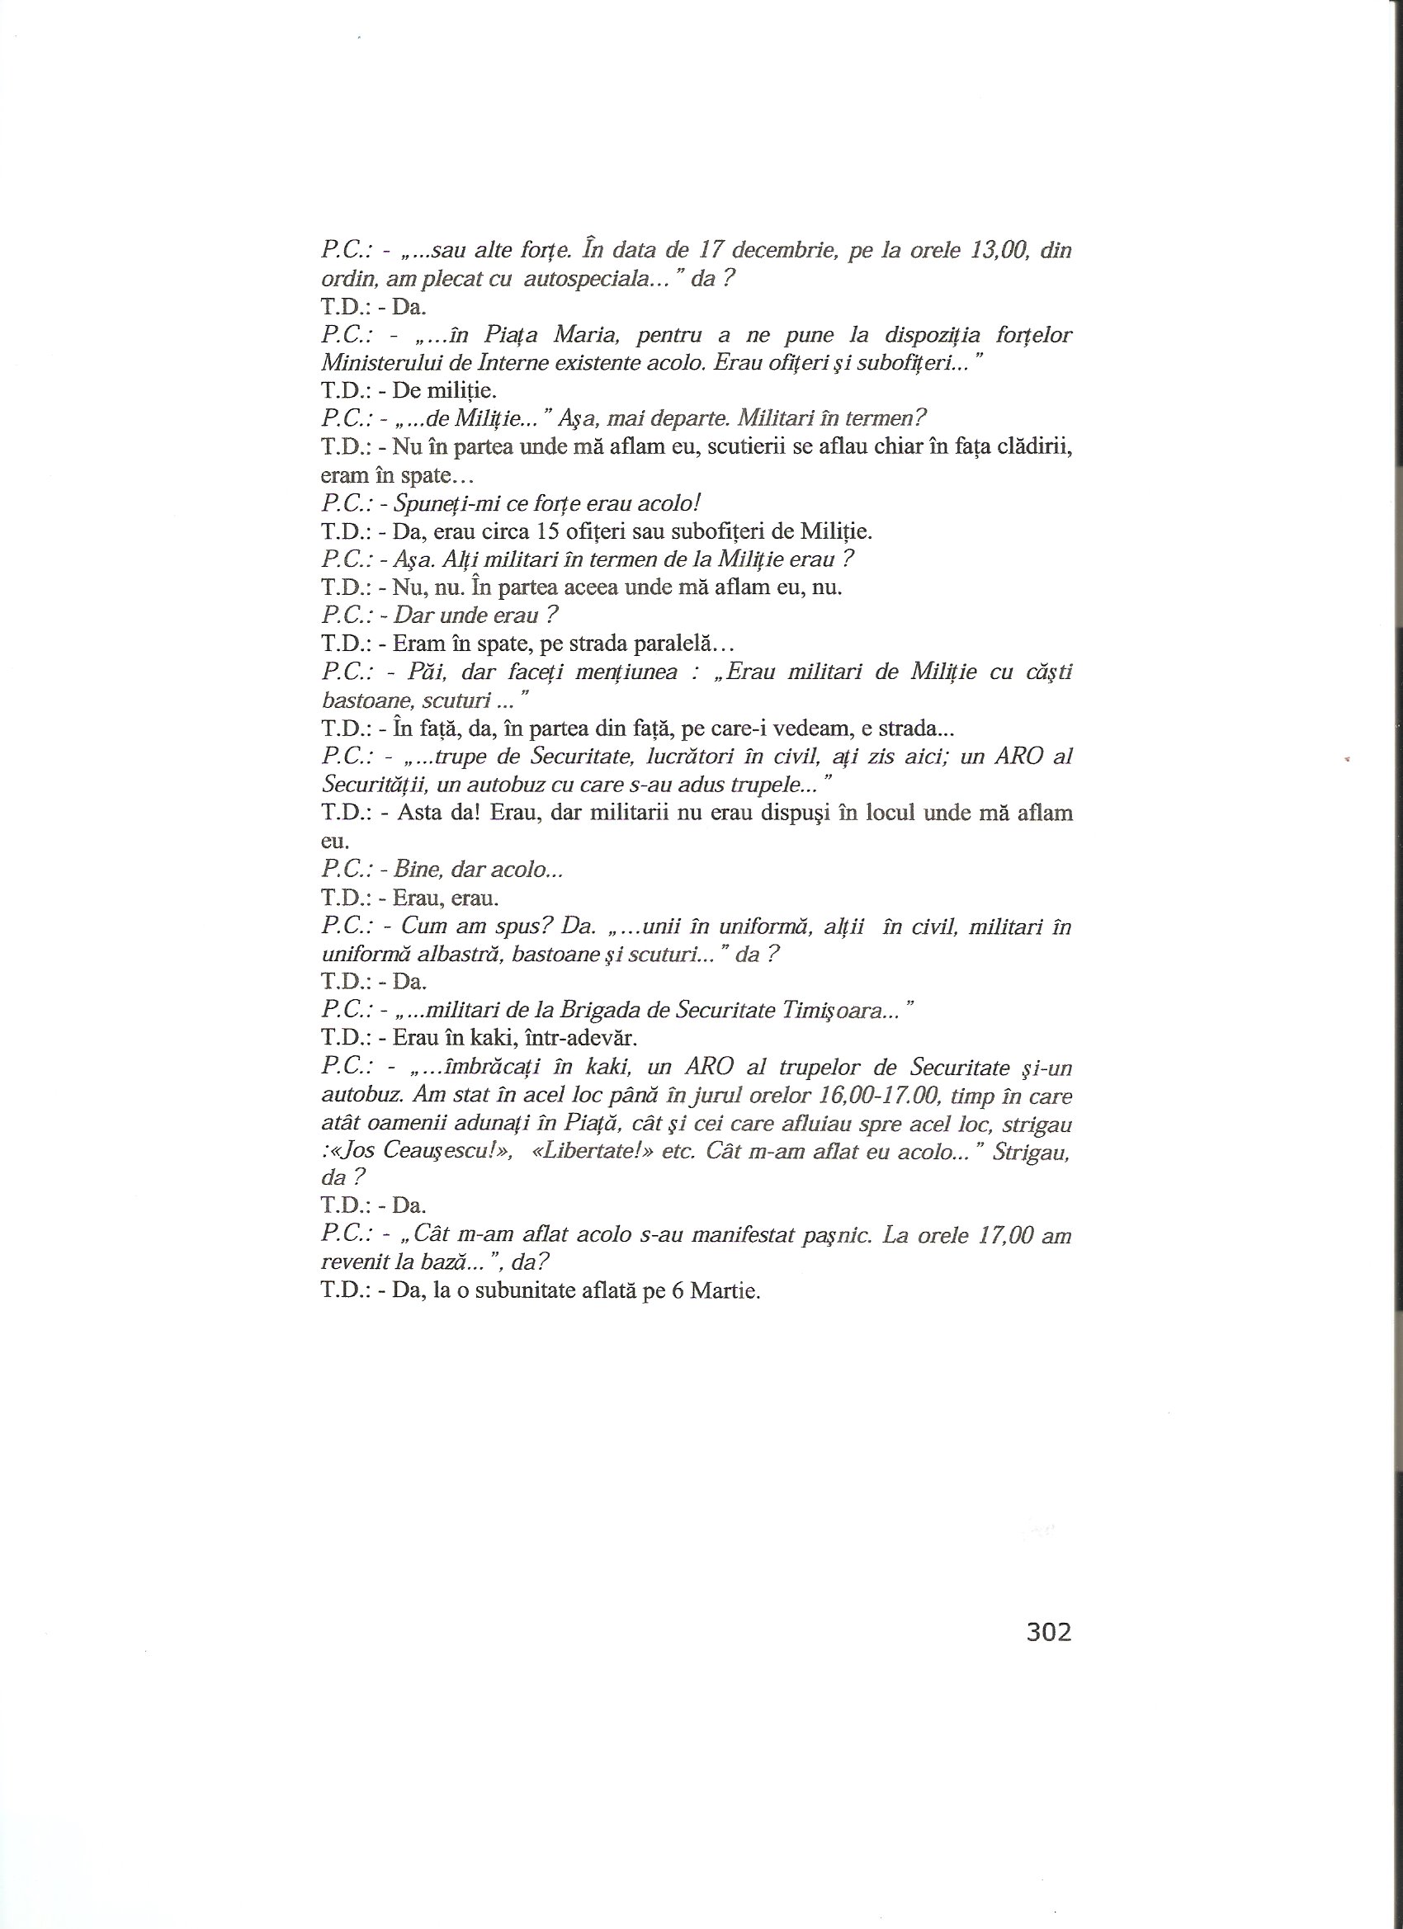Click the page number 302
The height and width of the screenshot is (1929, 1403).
(1048, 1631)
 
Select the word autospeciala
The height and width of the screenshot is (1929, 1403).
(588, 279)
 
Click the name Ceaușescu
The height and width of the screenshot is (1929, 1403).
(423, 1152)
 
